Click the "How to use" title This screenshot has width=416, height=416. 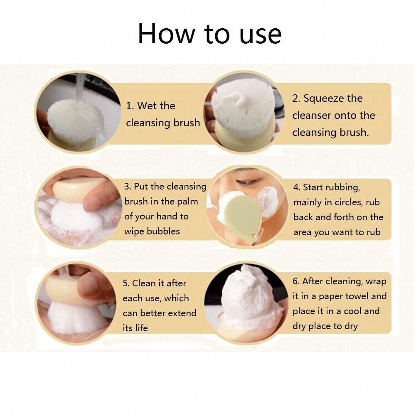[x=209, y=34]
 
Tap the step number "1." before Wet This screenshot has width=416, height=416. [x=130, y=106]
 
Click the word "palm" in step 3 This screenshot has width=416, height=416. [x=187, y=202]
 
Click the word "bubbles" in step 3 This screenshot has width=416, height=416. [x=163, y=231]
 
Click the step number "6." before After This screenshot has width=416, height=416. [x=296, y=281]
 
